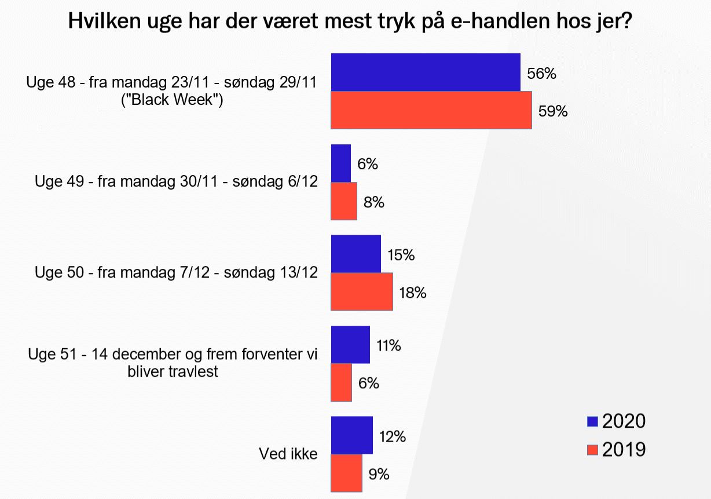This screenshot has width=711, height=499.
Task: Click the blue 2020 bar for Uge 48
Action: (425, 72)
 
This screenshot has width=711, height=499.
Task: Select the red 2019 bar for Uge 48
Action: (431, 110)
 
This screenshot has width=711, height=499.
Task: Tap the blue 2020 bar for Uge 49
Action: (340, 163)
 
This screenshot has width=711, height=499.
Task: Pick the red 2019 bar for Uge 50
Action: (361, 292)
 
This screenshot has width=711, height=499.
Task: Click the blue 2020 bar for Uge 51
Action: (350, 345)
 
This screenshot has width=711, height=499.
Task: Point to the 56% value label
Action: (542, 74)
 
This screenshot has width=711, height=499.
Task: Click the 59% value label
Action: (553, 111)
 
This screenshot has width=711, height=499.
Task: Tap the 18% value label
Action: (413, 293)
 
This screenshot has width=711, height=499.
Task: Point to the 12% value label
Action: (391, 436)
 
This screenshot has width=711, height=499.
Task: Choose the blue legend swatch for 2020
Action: (592, 421)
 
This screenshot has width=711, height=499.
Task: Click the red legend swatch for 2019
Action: (592, 450)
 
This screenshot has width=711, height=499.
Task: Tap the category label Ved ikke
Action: (288, 454)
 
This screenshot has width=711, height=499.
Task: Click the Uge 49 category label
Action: (176, 181)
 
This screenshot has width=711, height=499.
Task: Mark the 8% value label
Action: (374, 202)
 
